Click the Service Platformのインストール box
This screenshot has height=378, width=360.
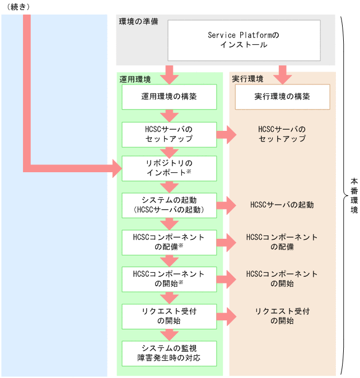coord(243,40)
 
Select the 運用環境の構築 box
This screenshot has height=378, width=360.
coord(169,97)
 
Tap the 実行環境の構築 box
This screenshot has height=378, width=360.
coord(282,97)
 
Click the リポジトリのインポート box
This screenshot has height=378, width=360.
coord(169,168)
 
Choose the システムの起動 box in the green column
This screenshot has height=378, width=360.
coord(169,205)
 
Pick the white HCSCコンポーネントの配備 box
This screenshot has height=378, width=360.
coord(169,242)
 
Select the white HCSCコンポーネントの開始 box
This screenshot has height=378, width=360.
coord(169,278)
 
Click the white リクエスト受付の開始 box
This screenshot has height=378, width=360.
coord(169,316)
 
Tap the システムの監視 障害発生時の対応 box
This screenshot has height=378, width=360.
coord(169,353)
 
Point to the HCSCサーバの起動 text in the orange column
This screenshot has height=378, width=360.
coord(282,205)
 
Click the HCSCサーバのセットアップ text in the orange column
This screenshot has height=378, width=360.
coord(282,134)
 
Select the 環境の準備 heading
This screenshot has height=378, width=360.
coord(138,22)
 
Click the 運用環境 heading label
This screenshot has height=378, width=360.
coord(135,79)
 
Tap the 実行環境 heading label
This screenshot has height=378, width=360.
coord(248,79)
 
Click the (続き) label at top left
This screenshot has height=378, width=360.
coord(17,6)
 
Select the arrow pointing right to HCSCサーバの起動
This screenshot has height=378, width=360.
coord(226,205)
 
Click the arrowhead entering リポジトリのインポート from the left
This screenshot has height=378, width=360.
coord(116,167)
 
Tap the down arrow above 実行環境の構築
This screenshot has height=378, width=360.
coord(282,73)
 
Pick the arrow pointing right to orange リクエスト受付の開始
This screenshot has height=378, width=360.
coord(226,316)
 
